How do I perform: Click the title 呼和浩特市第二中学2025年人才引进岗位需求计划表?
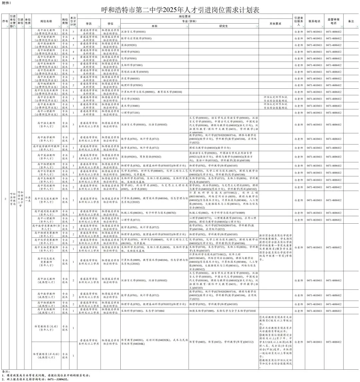point(180,10)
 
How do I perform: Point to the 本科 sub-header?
point(154,26)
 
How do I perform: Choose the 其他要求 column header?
point(275,24)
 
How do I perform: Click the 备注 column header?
point(351,21)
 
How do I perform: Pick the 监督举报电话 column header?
point(334,21)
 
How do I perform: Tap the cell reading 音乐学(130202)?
point(130,99)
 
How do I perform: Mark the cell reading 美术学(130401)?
point(130,106)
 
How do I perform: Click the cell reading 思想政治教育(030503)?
point(135,72)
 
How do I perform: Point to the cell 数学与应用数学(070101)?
point(136,38)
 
